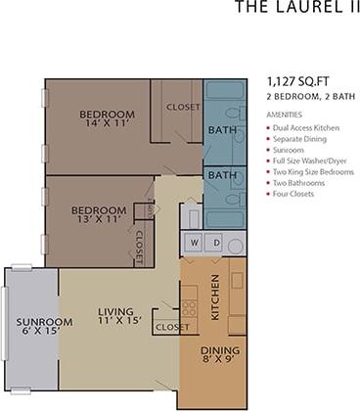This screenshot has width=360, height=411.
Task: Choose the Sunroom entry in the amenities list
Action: [x=292, y=150]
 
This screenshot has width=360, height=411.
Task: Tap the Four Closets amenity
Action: [x=298, y=194]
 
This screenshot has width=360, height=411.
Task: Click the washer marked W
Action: [x=195, y=242]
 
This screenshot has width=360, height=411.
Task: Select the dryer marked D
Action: [x=216, y=242]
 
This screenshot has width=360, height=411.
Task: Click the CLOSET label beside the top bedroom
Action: [x=183, y=107]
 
